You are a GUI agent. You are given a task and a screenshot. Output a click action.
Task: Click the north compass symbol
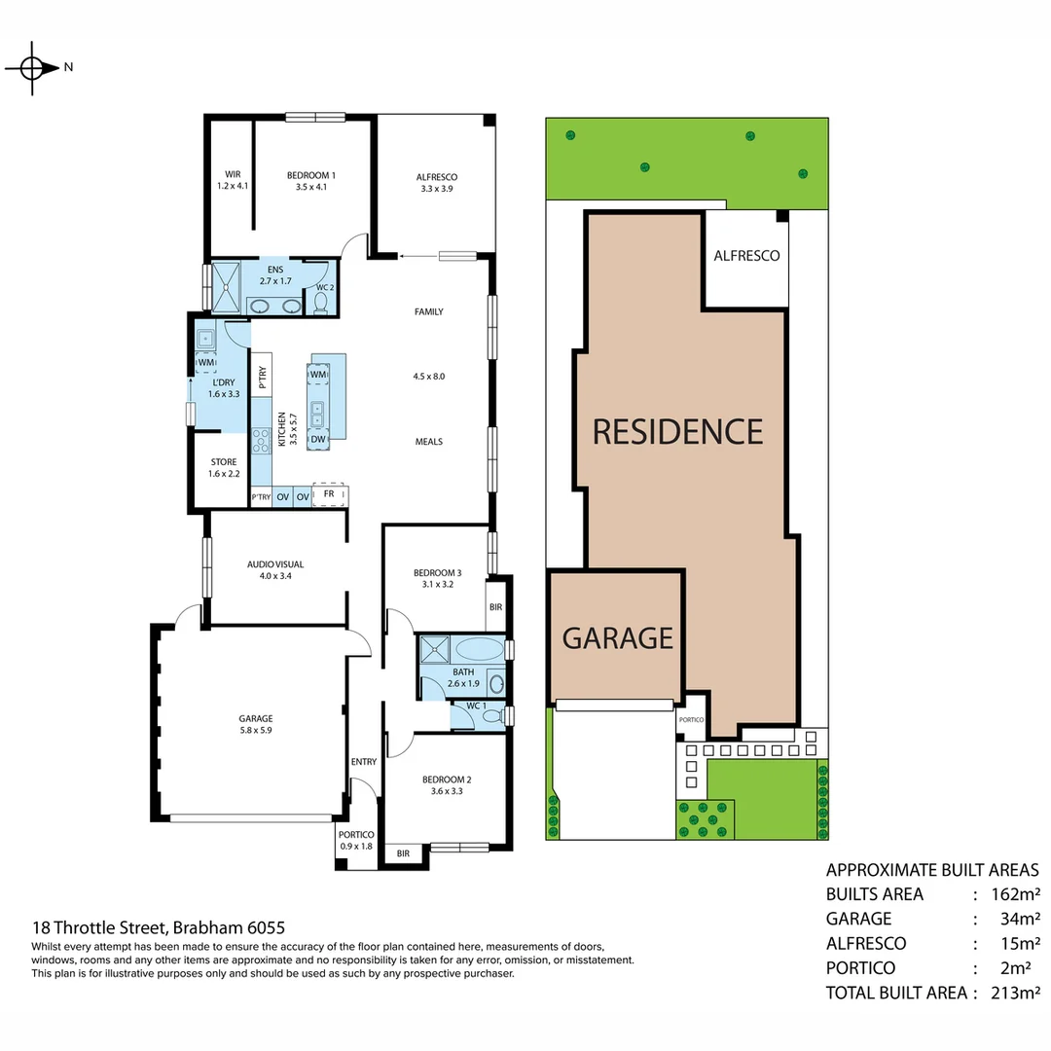[32, 68]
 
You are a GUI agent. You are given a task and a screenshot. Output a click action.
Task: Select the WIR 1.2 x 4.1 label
[233, 180]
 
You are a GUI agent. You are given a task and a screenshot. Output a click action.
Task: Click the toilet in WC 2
[321, 303]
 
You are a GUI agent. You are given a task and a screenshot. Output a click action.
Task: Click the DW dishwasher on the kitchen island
[318, 440]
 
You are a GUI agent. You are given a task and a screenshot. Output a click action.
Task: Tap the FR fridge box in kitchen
[329, 495]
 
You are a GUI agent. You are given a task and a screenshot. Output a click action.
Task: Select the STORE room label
[222, 468]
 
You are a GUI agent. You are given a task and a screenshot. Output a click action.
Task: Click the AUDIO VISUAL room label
[275, 569]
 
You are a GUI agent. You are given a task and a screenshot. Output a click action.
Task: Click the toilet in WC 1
[491, 717]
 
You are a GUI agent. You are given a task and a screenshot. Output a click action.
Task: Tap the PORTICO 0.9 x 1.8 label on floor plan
[356, 840]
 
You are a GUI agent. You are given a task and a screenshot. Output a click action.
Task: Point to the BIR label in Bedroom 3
[495, 606]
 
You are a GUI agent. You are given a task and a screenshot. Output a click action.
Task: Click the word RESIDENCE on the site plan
[677, 431]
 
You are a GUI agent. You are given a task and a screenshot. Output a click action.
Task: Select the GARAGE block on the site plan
[617, 637]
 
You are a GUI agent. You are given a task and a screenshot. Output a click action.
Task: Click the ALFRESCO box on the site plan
[746, 256]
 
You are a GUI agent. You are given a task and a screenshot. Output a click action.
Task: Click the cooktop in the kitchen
[261, 443]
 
